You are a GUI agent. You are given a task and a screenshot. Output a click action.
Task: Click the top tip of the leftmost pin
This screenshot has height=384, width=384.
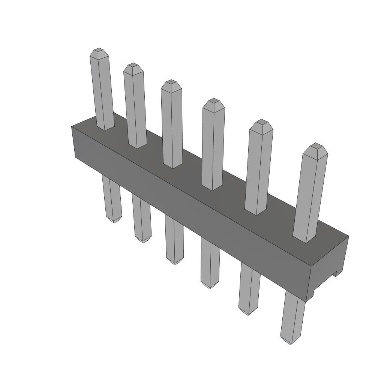pyautogui.click(x=99, y=50)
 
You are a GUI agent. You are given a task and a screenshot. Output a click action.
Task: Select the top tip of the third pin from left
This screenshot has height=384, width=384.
pyautogui.click(x=171, y=82)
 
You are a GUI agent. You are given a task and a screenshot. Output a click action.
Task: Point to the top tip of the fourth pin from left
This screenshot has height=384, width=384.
pyautogui.click(x=214, y=100)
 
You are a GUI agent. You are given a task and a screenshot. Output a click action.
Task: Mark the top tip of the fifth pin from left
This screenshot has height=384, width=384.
pyautogui.click(x=261, y=122)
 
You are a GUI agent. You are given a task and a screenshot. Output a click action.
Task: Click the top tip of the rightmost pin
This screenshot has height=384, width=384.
pyautogui.click(x=316, y=145)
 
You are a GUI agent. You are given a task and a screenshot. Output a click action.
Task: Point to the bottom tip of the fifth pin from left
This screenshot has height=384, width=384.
pyautogui.click(x=247, y=313)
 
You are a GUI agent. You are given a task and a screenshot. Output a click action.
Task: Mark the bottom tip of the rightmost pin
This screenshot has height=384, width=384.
pyautogui.click(x=291, y=342)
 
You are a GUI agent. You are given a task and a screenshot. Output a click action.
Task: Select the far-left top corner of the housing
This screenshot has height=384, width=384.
pyautogui.click(x=72, y=126)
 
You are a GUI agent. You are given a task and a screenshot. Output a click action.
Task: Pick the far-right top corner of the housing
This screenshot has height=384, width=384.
pyautogui.click(x=348, y=236)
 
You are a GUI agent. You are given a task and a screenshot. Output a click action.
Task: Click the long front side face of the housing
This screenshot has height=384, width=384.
pyautogui.click(x=187, y=210)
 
